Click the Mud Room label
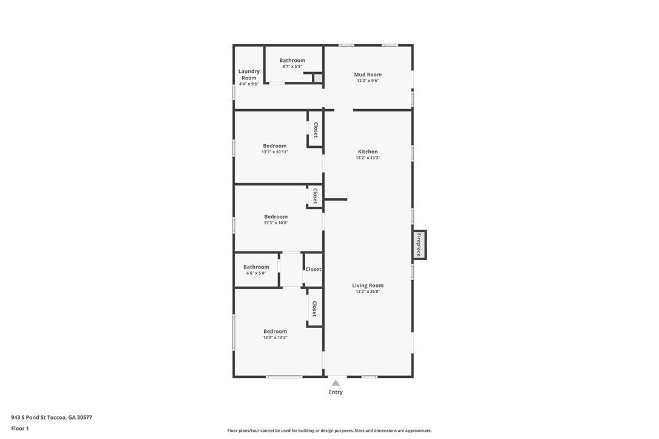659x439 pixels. click(368, 75)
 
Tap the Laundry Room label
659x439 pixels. click(249, 75)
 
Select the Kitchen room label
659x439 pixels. click(368, 152)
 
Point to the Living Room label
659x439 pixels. click(368, 285)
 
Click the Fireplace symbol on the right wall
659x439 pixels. click(419, 245)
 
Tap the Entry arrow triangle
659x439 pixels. click(336, 383)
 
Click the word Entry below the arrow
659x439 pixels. click(336, 392)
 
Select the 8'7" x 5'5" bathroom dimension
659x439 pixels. click(292, 66)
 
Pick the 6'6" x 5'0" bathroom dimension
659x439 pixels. click(256, 273)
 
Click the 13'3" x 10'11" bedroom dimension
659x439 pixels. click(275, 152)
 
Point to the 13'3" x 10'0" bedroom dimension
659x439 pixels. click(275, 223)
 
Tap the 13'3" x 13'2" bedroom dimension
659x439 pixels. click(275, 337)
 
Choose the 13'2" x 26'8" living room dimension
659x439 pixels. click(368, 292)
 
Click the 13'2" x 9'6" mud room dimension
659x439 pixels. click(368, 81)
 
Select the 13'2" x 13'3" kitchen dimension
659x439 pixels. click(368, 158)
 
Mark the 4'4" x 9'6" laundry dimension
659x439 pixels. click(249, 84)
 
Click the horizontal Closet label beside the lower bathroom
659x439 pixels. click(313, 269)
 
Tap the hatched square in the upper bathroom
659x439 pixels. click(318, 78)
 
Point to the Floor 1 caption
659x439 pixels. click(20, 429)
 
